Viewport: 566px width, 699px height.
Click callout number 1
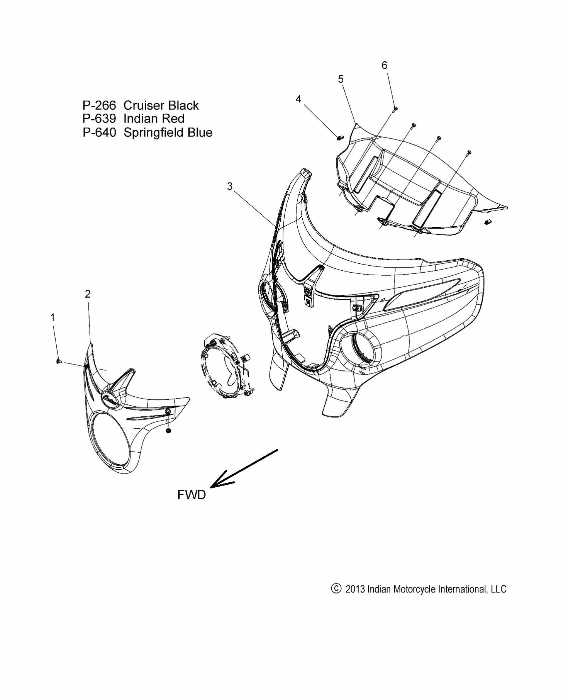(x=52, y=318)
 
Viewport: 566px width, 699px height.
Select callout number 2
(x=88, y=294)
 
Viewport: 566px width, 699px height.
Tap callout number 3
(x=230, y=186)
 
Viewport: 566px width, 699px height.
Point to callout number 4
(x=298, y=99)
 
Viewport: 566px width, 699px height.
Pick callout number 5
(x=341, y=79)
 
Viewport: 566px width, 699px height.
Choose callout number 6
(x=385, y=65)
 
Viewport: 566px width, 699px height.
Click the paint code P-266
(x=99, y=106)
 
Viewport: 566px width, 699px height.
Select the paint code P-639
(x=99, y=119)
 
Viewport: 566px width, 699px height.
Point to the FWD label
(x=191, y=504)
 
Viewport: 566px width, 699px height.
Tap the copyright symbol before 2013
(x=336, y=588)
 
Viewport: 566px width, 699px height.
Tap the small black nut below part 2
(x=168, y=431)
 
